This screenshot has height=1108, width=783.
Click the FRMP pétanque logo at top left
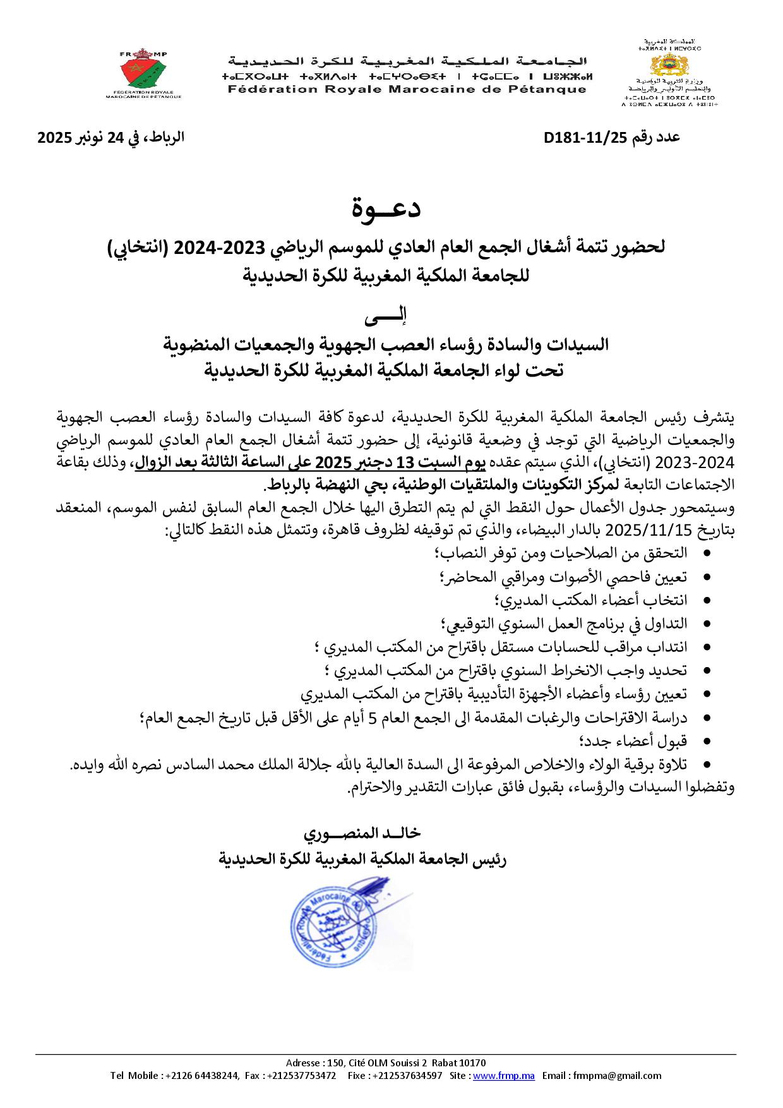(143, 73)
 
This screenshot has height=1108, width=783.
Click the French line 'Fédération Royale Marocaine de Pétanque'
(407, 90)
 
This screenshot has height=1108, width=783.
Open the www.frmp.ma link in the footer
(504, 1075)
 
